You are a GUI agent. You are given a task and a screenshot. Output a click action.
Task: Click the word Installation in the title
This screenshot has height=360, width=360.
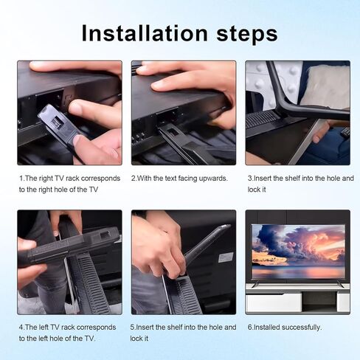click(145, 33)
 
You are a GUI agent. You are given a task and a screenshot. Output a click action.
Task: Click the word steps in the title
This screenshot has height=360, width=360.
click(247, 34)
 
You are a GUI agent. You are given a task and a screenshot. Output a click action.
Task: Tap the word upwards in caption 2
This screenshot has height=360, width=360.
click(213, 179)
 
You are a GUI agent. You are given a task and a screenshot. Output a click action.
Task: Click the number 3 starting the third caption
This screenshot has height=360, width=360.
click(249, 179)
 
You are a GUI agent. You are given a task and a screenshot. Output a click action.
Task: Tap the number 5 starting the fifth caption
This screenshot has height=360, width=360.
click(133, 328)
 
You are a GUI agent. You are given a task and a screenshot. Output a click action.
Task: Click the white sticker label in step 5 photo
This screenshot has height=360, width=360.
click(226, 257)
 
